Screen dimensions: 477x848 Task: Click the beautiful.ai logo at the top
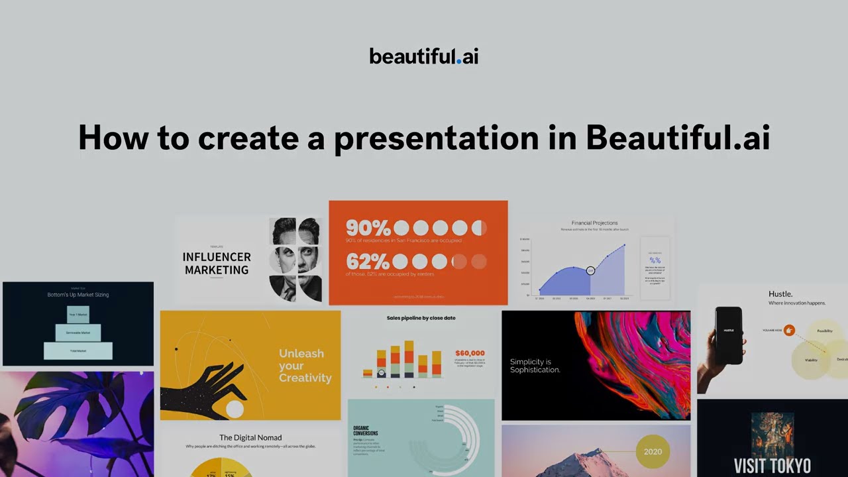coord(423,56)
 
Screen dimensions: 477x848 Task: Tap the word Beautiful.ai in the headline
coord(677,138)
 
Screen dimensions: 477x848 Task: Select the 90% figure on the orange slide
coord(368,228)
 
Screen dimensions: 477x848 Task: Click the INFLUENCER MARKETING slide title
coord(217,263)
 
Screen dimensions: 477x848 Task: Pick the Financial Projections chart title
coord(594,223)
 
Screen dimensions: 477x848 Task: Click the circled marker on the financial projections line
coord(590,270)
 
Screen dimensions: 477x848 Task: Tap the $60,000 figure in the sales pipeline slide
coord(470,353)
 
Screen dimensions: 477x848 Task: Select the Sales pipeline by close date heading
coord(421,318)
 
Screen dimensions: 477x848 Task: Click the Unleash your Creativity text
coord(305,366)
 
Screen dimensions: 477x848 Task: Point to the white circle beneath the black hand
coord(235,409)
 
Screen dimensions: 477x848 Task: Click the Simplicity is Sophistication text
coord(535,366)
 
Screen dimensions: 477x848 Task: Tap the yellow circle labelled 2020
coord(653,452)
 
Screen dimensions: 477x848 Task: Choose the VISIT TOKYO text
coord(772,465)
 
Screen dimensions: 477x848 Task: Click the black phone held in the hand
coord(729,335)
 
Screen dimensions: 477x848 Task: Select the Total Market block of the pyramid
coord(78,350)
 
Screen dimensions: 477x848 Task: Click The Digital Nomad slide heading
coord(250,437)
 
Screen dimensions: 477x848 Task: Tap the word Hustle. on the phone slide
coord(780,293)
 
